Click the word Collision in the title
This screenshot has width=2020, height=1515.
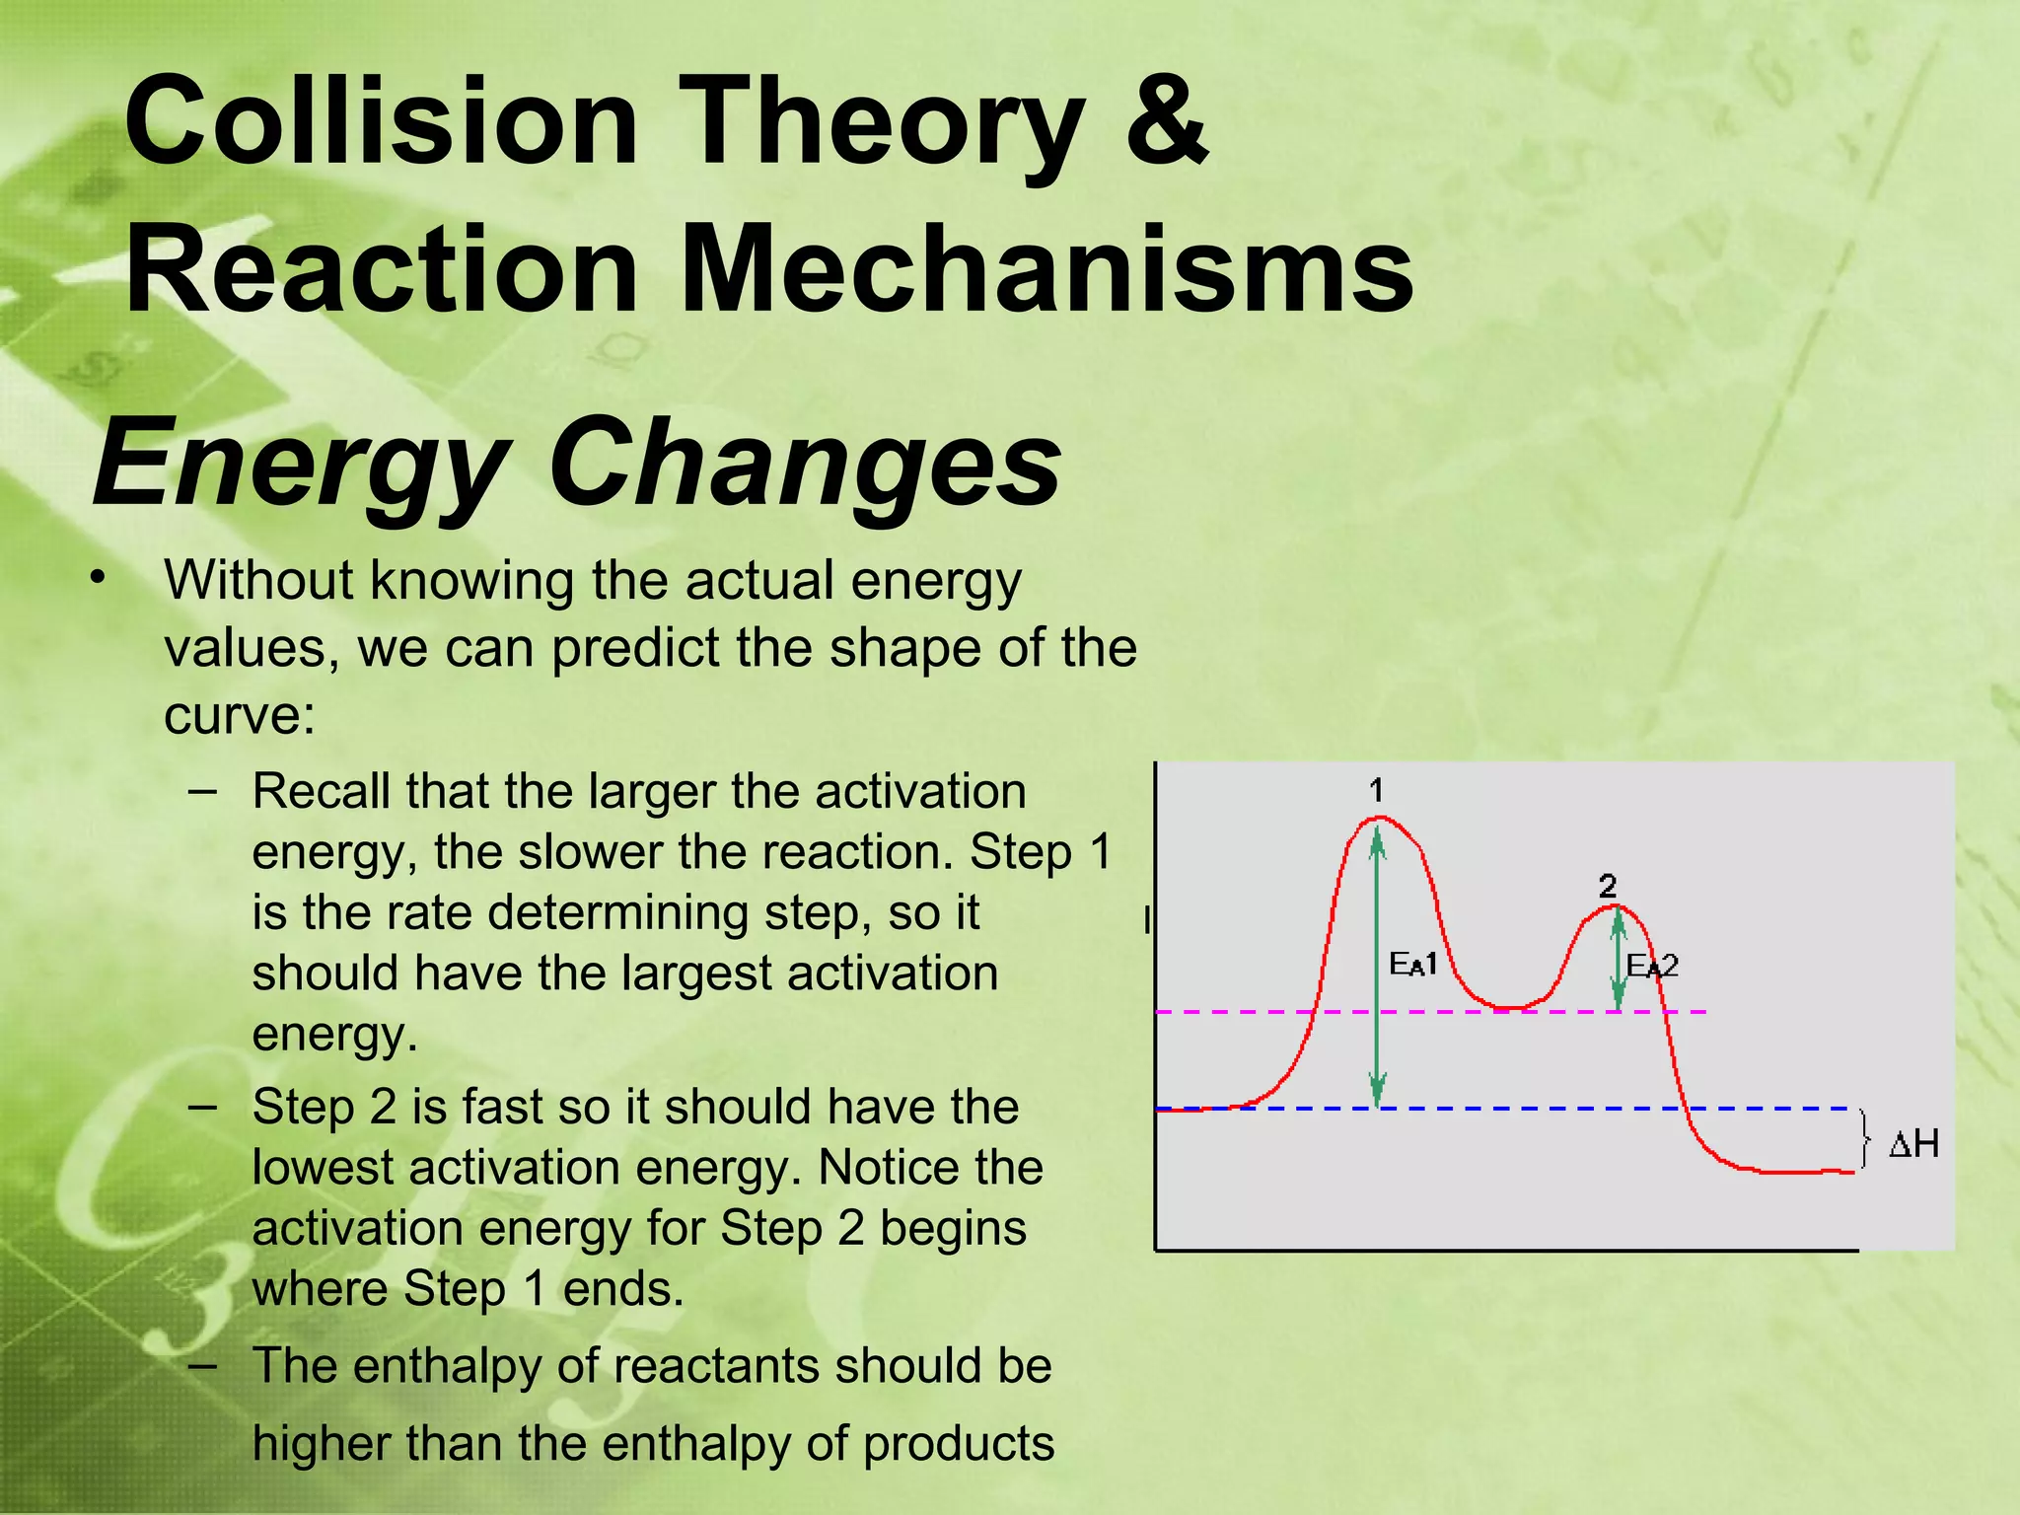(381, 122)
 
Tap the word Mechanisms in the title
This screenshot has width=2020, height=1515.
(1046, 268)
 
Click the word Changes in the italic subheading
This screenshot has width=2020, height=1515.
(804, 462)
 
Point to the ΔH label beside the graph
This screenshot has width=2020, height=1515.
(1913, 1144)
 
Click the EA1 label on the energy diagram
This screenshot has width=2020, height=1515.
(1412, 964)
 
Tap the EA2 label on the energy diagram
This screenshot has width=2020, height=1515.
(1652, 966)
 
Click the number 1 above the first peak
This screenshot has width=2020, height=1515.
(1377, 790)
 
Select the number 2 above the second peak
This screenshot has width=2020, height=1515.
(1608, 885)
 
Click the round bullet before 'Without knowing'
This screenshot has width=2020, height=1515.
(96, 578)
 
